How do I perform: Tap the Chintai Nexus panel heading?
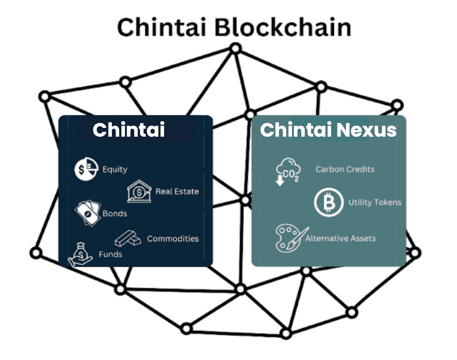pyautogui.click(x=328, y=130)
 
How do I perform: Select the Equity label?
pyautogui.click(x=114, y=169)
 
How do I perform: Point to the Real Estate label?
pyautogui.click(x=177, y=191)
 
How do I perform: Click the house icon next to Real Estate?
pyautogui.click(x=139, y=192)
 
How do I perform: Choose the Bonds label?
pyautogui.click(x=114, y=213)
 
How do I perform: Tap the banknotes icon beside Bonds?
pyautogui.click(x=88, y=213)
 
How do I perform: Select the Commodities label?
pyautogui.click(x=173, y=238)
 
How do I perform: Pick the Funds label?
pyautogui.click(x=110, y=254)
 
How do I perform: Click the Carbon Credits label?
pyautogui.click(x=345, y=169)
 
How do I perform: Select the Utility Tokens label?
pyautogui.click(x=375, y=202)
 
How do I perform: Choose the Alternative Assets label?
pyautogui.click(x=340, y=238)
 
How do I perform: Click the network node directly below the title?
pyautogui.click(x=236, y=49)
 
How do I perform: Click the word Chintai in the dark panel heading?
pyautogui.click(x=128, y=130)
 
